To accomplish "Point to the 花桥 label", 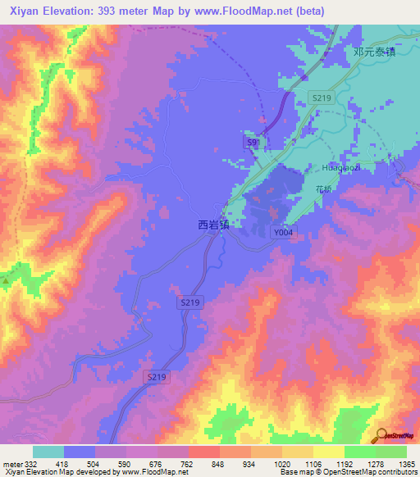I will pyautogui.click(x=324, y=189).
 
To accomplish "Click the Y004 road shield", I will pyautogui.click(x=283, y=233).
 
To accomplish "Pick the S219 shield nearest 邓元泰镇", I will pyautogui.click(x=320, y=98).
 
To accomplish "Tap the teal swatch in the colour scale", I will pyautogui.click(x=48, y=452).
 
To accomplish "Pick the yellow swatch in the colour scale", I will pyautogui.click(x=328, y=452).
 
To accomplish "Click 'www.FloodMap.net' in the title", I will pyautogui.click(x=249, y=11).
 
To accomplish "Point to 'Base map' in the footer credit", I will pyautogui.click(x=294, y=473).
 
